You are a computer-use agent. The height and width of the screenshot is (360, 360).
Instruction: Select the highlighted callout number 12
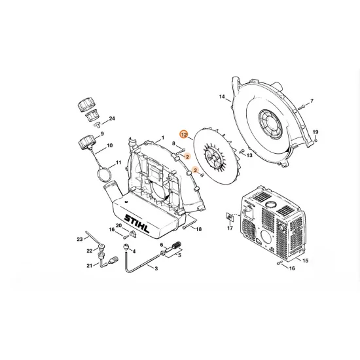click(x=185, y=134)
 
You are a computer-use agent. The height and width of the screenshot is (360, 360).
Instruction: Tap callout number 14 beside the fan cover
click(x=222, y=98)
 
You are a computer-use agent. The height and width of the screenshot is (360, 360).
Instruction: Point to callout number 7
click(x=312, y=101)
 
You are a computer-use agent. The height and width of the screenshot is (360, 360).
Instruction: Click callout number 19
click(x=315, y=131)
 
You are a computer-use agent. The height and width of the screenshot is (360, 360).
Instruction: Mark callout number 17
click(x=230, y=228)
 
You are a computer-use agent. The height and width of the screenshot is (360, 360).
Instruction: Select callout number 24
click(x=112, y=118)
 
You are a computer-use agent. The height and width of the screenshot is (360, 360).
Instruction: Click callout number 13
click(x=249, y=155)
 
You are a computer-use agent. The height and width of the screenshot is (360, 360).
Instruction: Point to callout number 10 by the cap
click(x=109, y=146)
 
